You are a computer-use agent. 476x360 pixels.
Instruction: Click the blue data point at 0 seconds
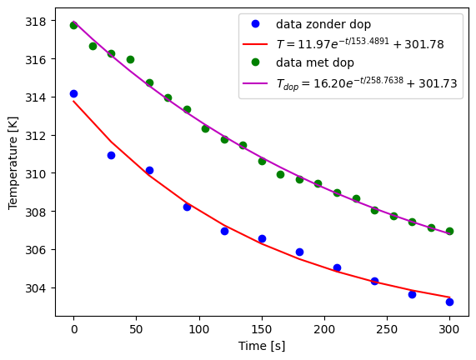coord(73,93)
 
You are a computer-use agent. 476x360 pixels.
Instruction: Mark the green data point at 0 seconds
coord(73,25)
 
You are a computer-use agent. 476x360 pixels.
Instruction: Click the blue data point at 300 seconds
coord(449,302)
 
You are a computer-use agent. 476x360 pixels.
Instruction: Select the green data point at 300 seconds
coord(449,231)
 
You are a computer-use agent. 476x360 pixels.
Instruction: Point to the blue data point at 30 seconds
coord(111,155)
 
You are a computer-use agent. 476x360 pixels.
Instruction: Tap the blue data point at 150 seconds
coord(262,238)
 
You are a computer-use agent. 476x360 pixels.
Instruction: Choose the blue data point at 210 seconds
coord(337,267)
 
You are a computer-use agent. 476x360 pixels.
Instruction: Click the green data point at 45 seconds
coord(130,59)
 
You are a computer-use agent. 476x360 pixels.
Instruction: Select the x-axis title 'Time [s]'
coord(262,346)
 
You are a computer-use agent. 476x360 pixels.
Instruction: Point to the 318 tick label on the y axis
coord(37,21)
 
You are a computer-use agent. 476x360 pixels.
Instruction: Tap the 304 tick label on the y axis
coord(37,288)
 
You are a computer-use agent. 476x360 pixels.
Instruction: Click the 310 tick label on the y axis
coord(37,173)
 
